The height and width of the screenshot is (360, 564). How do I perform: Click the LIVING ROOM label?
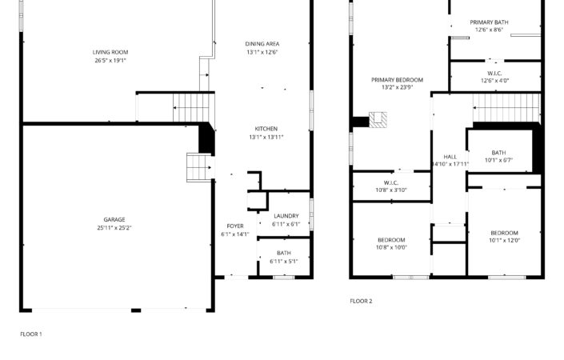110,52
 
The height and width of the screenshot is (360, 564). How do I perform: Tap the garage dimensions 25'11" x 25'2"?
114,228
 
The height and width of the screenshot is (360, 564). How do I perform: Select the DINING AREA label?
262,44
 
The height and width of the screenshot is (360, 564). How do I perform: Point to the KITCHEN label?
266,129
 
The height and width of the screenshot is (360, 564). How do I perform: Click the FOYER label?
235,226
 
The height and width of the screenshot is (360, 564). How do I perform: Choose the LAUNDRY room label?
286,216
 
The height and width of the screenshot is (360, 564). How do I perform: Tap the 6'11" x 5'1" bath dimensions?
284,262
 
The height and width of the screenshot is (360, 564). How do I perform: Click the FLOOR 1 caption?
31,334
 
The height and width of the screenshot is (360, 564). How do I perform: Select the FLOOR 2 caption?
361,301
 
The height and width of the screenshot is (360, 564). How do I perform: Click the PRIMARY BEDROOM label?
397,80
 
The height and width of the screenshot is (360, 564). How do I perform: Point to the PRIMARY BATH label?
489,22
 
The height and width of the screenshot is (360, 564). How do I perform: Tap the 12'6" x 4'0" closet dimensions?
495,81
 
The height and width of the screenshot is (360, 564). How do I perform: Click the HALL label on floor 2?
450,157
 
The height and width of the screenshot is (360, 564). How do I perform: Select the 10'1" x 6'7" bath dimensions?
498,160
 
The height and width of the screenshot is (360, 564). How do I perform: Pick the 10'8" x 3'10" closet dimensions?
391,190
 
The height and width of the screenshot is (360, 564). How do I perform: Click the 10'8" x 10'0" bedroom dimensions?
391,247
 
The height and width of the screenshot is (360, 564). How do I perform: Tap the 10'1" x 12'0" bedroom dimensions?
504,241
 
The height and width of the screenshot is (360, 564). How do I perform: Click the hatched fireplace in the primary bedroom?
378,120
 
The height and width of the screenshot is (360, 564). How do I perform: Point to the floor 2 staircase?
506,108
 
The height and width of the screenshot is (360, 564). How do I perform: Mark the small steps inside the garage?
199,167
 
